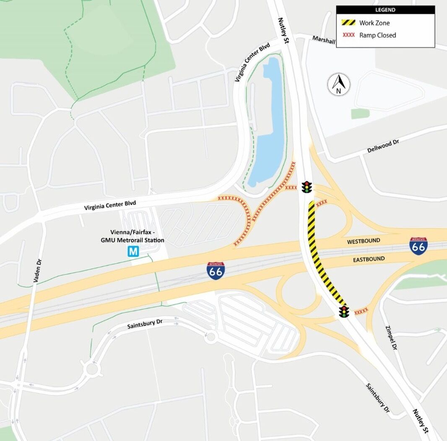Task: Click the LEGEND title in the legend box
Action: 385,10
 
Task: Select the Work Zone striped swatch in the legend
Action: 348,23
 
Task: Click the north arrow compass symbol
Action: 338,84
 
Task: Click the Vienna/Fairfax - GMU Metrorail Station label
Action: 137,236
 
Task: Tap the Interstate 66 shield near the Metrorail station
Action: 215,271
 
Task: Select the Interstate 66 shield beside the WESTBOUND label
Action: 418,245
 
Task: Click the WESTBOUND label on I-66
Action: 364,241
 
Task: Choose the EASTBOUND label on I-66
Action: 368,259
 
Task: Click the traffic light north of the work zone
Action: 307,187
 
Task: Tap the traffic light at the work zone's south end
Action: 344,311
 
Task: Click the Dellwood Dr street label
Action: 383,146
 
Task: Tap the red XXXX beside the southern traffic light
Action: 361,311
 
